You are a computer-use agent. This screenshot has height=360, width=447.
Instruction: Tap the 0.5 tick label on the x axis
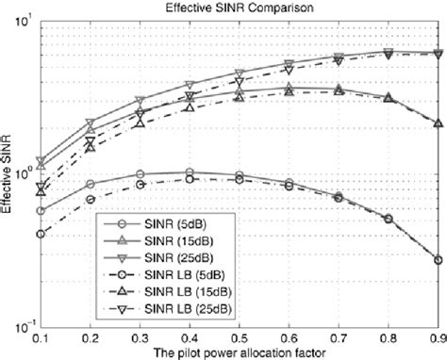tap(239, 336)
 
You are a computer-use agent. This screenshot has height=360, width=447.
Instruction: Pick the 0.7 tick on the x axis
tap(339, 336)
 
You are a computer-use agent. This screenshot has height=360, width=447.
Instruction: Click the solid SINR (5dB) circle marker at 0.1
tap(39, 211)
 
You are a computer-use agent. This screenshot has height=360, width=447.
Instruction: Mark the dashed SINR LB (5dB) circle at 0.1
tap(39, 234)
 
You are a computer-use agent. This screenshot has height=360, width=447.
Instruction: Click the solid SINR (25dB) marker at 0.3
tap(139, 100)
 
